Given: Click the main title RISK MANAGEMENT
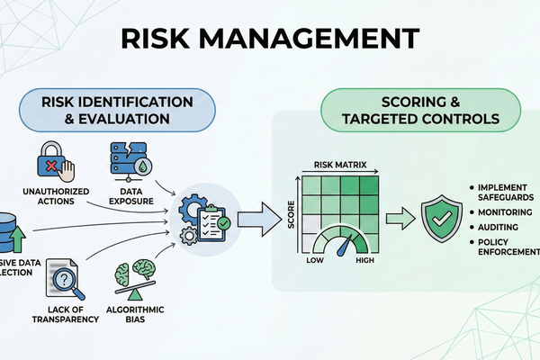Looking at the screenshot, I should click(269, 37).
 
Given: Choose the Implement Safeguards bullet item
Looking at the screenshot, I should click(500, 193).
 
